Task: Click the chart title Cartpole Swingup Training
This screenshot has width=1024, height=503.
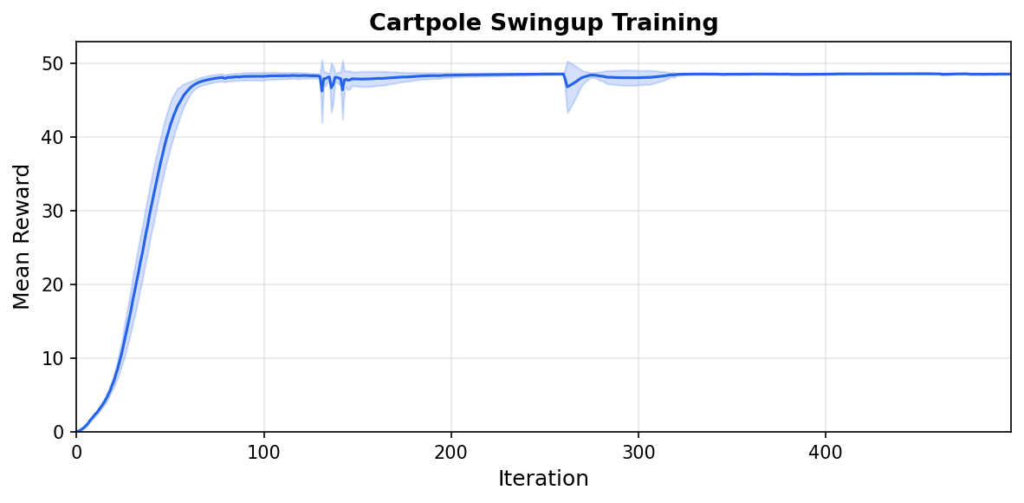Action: click(543, 23)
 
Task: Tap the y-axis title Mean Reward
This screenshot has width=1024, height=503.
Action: click(23, 237)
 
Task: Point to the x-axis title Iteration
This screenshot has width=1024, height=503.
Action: click(543, 479)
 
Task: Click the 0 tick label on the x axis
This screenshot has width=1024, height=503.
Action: click(77, 452)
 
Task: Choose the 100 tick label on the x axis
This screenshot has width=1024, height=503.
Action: click(263, 452)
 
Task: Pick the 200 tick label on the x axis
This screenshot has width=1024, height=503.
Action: click(451, 452)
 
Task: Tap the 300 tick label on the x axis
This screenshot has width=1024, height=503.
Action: click(638, 452)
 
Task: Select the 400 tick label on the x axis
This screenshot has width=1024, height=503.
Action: click(825, 452)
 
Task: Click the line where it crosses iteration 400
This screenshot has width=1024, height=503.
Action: click(825, 75)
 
